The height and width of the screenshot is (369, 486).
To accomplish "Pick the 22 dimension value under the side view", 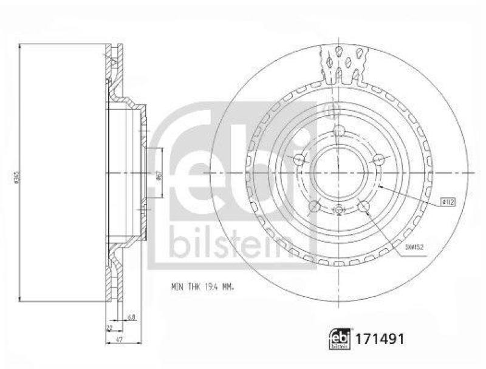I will [x=109, y=327].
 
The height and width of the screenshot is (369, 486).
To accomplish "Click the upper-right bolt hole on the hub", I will [x=380, y=160].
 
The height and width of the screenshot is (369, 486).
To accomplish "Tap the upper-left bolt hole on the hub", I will [x=299, y=160].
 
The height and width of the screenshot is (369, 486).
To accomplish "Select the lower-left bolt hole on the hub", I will [x=314, y=207].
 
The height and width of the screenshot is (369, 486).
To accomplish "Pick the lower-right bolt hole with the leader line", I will [x=364, y=207].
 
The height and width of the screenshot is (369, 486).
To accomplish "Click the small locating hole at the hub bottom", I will [x=339, y=211].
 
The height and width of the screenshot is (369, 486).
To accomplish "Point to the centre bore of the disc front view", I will [x=339, y=174].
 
